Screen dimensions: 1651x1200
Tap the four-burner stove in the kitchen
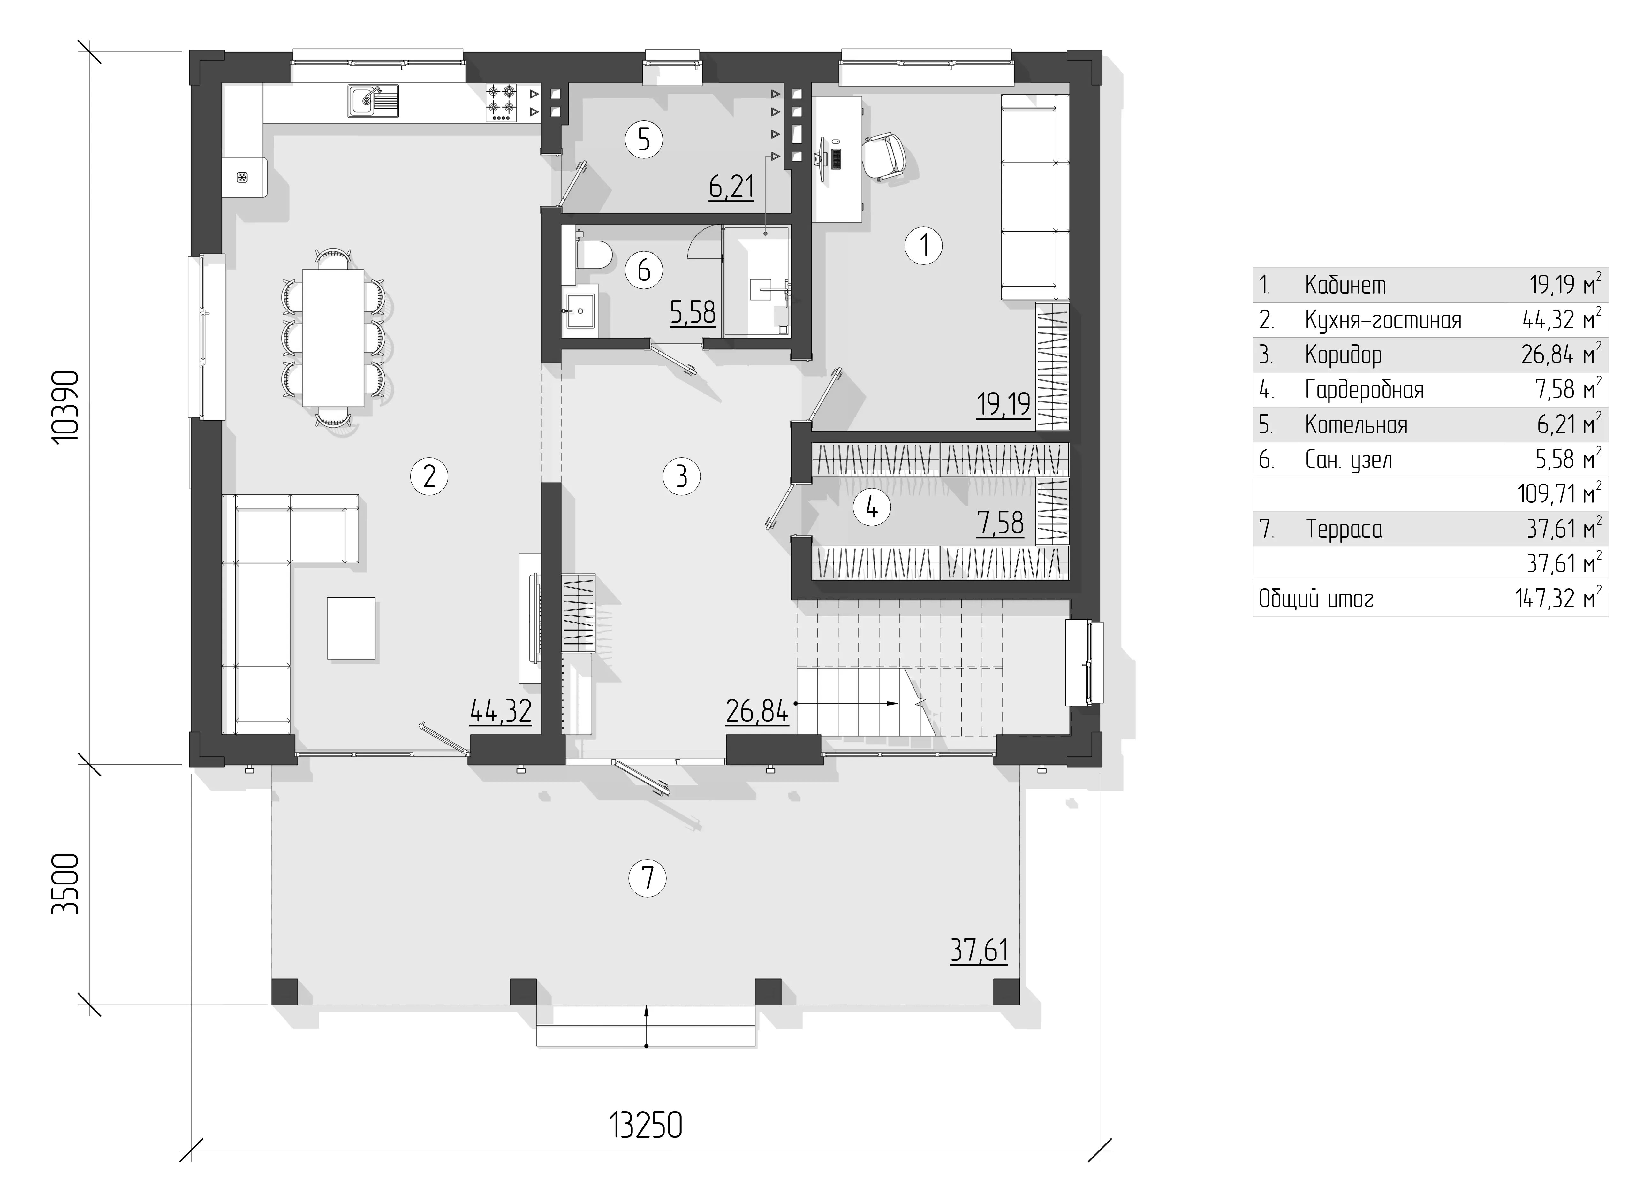point(502,102)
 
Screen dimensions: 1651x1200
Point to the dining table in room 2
point(333,338)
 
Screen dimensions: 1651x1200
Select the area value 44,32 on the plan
point(501,711)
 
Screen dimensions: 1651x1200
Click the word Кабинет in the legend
point(1345,285)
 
